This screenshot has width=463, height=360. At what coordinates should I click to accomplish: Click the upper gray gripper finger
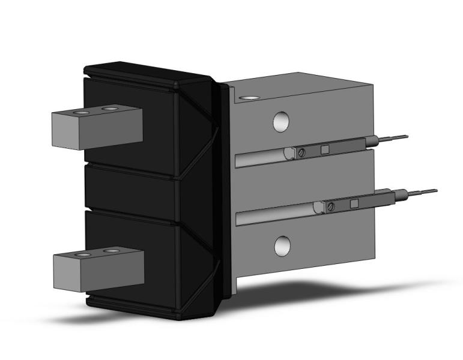96,129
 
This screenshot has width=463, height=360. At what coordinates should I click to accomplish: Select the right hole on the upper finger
109,109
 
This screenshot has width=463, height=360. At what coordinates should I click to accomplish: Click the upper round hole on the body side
280,122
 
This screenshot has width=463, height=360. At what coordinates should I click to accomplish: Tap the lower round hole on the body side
282,245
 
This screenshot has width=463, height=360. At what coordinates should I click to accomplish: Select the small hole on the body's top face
247,97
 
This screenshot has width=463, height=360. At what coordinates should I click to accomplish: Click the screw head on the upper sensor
301,153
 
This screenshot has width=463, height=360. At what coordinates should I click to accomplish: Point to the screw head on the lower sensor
331,207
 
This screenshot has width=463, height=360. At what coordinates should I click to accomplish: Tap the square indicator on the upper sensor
325,149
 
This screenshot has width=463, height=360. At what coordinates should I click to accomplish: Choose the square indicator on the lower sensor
354,204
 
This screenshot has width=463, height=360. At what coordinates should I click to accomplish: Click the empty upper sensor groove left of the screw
258,158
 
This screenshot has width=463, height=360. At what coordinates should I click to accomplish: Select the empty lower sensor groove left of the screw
273,215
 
